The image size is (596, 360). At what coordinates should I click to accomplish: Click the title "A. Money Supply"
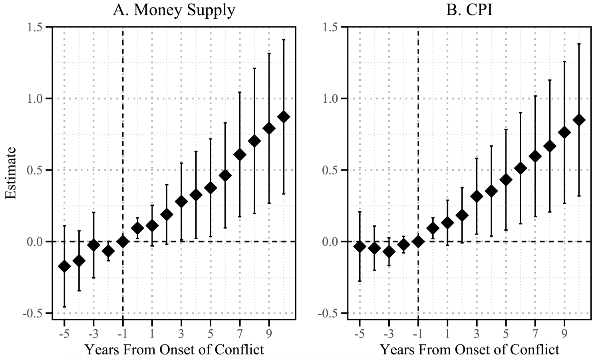[x=174, y=10]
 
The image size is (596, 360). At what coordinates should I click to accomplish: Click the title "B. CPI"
[x=469, y=10]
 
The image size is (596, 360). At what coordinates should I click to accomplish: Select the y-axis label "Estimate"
[x=11, y=173]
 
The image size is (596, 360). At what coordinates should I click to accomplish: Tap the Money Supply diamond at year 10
[x=284, y=117]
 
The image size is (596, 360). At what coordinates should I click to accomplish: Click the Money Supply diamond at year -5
[x=64, y=266]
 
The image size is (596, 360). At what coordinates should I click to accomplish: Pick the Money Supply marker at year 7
[x=240, y=155]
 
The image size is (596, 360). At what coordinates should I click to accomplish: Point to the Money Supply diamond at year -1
[x=123, y=241]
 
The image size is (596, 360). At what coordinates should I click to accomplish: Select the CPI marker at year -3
[x=389, y=252]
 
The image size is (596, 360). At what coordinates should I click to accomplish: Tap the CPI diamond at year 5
[x=506, y=180]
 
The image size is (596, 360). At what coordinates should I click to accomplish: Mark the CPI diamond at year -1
[x=418, y=241]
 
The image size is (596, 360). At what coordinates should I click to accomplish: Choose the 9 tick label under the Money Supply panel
[x=269, y=333]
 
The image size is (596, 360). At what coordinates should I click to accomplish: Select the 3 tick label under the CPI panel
[x=477, y=333]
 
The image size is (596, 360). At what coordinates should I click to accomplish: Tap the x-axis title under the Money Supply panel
[x=174, y=350]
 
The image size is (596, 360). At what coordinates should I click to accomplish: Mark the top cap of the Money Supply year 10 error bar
[x=284, y=40]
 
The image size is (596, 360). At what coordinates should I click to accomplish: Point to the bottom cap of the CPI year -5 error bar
[x=360, y=281]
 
